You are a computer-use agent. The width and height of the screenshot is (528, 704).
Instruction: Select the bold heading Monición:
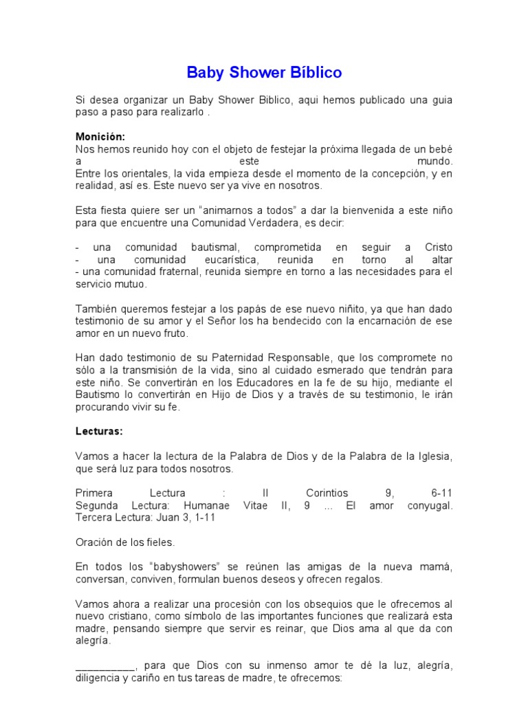(x=100, y=137)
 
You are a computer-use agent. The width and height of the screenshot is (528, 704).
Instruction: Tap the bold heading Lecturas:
(x=99, y=432)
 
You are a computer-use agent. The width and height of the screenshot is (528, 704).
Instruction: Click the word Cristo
(x=439, y=247)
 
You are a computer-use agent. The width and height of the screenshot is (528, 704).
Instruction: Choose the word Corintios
(x=327, y=493)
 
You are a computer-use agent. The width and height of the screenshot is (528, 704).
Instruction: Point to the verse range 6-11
(x=441, y=493)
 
